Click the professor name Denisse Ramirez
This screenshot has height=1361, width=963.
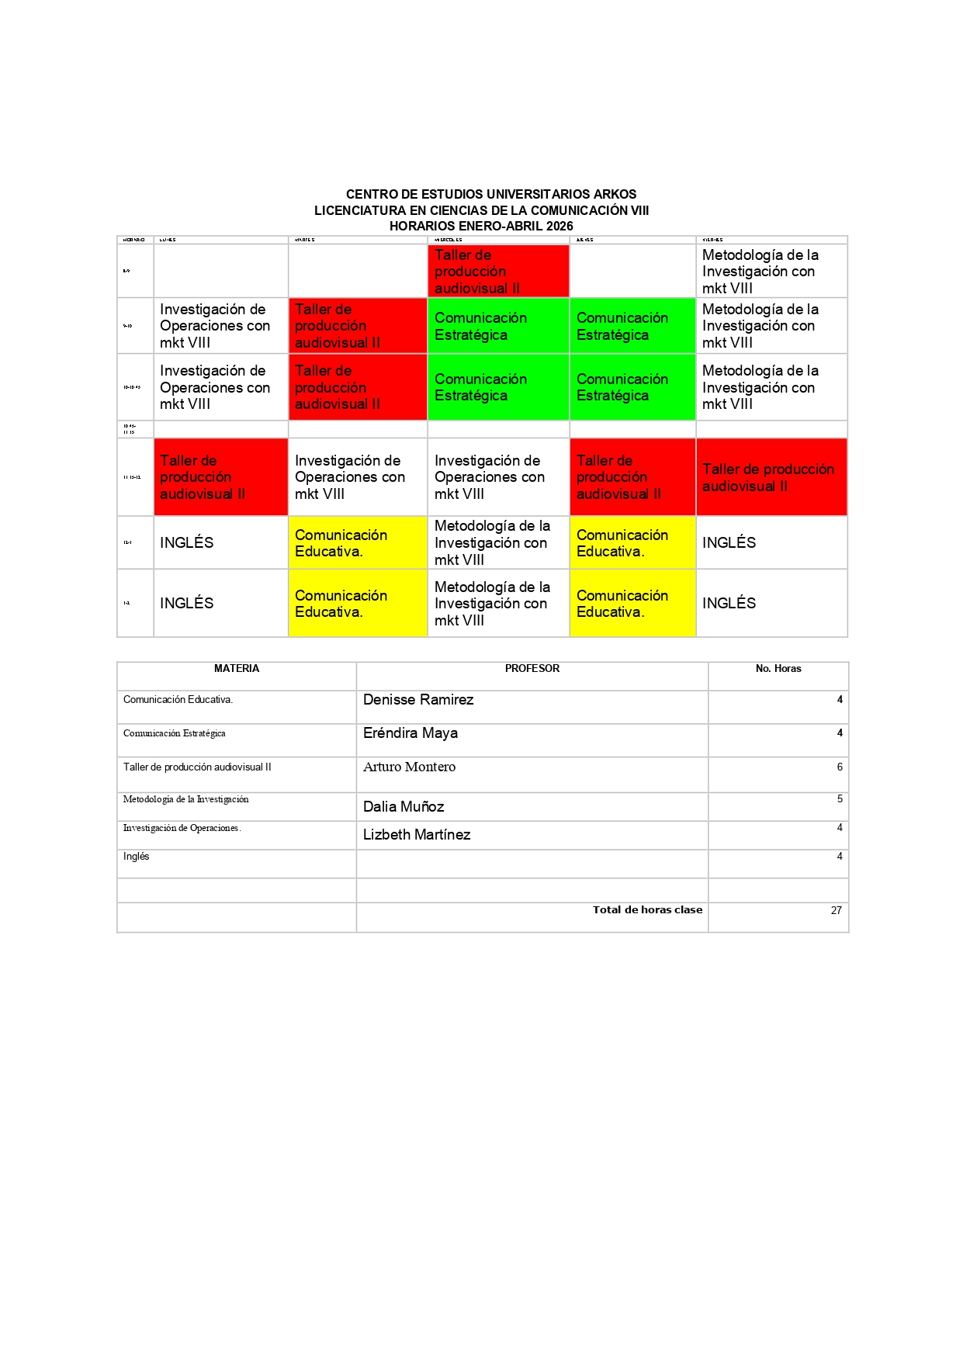pyautogui.click(x=418, y=700)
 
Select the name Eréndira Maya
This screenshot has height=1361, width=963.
pyautogui.click(x=410, y=733)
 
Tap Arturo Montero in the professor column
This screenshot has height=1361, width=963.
pyautogui.click(x=409, y=767)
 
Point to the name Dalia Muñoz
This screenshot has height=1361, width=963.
pyautogui.click(x=404, y=807)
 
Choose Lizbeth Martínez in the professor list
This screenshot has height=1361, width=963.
pyautogui.click(x=417, y=835)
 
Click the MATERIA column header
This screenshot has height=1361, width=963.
pyautogui.click(x=237, y=669)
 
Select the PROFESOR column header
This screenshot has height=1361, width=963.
pyautogui.click(x=532, y=669)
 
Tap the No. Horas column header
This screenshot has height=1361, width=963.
pyautogui.click(x=778, y=669)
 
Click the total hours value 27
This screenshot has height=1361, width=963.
pyautogui.click(x=836, y=911)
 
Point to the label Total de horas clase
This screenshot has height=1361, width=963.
pyautogui.click(x=647, y=910)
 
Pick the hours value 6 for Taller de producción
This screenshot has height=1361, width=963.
pyautogui.click(x=840, y=767)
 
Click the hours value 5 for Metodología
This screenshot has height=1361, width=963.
pyautogui.click(x=840, y=799)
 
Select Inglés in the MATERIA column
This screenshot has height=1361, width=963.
pyautogui.click(x=137, y=857)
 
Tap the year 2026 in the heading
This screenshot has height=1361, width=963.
pyautogui.click(x=559, y=227)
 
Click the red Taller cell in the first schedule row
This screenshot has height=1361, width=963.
pyautogui.click(x=498, y=272)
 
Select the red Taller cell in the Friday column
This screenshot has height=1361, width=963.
pyautogui.click(x=771, y=477)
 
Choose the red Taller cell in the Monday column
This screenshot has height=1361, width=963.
pyautogui.click(x=220, y=477)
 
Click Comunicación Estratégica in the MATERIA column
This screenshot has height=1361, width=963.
pyautogui.click(x=175, y=733)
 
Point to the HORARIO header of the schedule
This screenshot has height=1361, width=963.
pyautogui.click(x=134, y=240)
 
